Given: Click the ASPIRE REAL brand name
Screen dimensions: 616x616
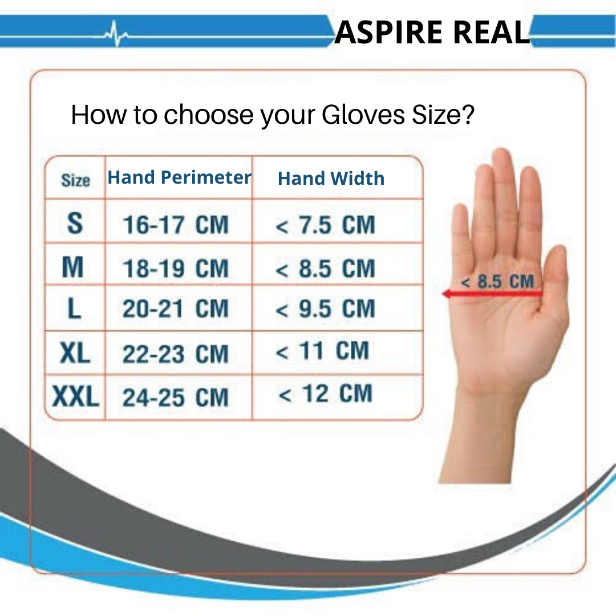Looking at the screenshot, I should point(432,32).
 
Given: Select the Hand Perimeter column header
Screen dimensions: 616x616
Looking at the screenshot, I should point(179,177).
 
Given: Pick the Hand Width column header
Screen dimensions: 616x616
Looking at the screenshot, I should point(331,179).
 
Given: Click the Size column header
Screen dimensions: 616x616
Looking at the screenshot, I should point(75,181).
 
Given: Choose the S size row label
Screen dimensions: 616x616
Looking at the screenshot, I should point(75,223).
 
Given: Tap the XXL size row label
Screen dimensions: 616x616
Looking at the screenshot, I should point(75,396).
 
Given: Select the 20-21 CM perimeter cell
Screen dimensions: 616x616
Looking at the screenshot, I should point(175,310).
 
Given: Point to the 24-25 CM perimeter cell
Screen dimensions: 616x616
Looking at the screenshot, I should point(175,398).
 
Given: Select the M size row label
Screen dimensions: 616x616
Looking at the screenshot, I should point(73,267).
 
